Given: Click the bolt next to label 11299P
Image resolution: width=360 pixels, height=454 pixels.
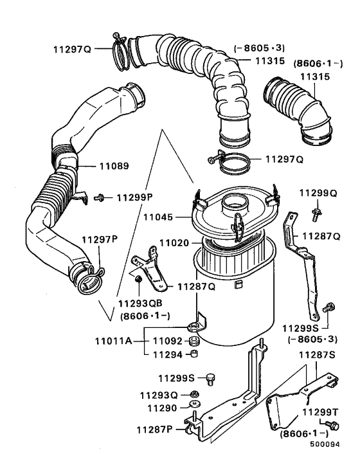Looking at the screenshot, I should tap(100, 197).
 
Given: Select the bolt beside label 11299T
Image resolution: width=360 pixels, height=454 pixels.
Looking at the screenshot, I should tap(332, 426).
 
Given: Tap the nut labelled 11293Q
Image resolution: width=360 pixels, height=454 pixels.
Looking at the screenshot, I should tap(195, 394).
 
